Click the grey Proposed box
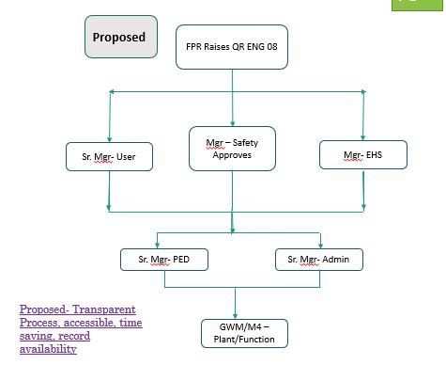click(121, 37)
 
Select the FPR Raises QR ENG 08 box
click(232, 47)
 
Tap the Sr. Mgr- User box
click(109, 156)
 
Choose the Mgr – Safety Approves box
click(232, 149)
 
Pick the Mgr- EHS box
click(363, 154)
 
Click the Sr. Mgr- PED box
click(164, 260)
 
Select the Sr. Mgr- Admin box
click(319, 260)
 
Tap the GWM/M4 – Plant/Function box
click(244, 333)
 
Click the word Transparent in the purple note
click(104, 309)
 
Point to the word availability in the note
click(48, 349)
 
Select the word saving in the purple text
click(36, 336)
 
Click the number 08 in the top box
click(272, 47)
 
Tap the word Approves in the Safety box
click(232, 155)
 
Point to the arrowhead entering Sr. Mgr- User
click(109, 139)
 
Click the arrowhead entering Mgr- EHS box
click(363, 137)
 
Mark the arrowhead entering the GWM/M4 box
click(235, 316)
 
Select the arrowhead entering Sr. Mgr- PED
click(157, 246)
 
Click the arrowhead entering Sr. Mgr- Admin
click(320, 246)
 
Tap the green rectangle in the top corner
click(417, 6)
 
